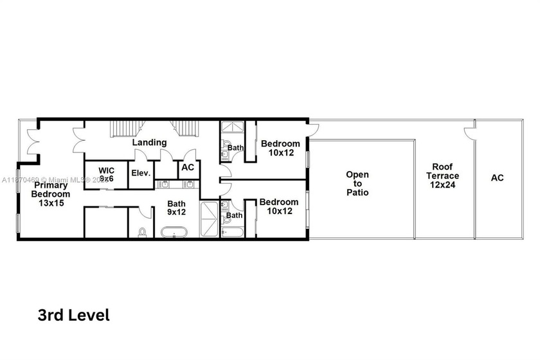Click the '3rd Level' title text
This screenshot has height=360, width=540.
tap(74, 315)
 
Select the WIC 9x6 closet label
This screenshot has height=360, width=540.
tap(106, 175)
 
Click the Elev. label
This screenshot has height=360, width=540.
tap(141, 173)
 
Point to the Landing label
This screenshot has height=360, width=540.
tap(149, 142)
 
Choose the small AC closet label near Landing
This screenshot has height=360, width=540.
tap(187, 167)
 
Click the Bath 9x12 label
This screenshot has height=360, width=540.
tap(177, 208)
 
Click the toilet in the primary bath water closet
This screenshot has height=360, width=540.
tap(141, 231)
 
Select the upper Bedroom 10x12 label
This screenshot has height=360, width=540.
tap(280, 148)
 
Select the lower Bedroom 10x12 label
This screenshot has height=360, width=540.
tap(280, 206)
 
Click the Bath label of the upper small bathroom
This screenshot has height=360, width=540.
tap(236, 148)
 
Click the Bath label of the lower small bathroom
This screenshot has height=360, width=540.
tap(234, 215)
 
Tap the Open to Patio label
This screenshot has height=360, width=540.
tap(357, 183)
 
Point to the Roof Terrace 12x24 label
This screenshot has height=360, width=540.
tap(445, 175)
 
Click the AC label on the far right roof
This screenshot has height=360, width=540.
tap(498, 177)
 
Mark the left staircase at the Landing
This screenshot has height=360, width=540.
tap(121, 129)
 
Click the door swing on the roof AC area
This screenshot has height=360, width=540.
tap(470, 134)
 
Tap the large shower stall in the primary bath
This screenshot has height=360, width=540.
tap(210, 220)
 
